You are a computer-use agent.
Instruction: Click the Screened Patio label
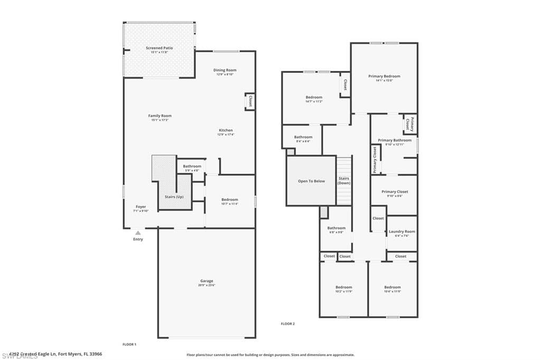click(x=159, y=48)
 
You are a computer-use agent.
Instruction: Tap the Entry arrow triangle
click(x=138, y=232)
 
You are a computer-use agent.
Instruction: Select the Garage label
click(x=207, y=281)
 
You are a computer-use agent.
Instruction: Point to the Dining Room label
click(x=225, y=70)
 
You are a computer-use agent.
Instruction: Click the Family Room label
click(x=160, y=116)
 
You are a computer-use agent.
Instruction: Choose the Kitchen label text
click(x=226, y=130)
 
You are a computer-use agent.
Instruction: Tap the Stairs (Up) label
click(x=174, y=196)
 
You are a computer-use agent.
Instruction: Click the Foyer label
click(x=141, y=207)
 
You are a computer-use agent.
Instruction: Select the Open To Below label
click(x=311, y=181)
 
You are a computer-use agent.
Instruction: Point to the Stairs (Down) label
click(x=344, y=181)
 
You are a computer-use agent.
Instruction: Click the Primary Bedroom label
click(x=384, y=77)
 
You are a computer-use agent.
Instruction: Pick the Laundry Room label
click(x=402, y=231)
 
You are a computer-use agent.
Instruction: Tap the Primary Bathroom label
click(x=394, y=140)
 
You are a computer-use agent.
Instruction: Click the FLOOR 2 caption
click(x=287, y=323)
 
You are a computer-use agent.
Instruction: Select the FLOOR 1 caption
click(x=129, y=344)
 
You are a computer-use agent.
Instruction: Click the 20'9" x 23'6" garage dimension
click(x=207, y=286)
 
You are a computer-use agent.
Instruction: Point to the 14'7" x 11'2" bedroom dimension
click(x=314, y=101)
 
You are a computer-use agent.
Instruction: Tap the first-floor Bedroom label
click(x=229, y=200)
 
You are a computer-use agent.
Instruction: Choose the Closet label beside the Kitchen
click(x=250, y=101)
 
